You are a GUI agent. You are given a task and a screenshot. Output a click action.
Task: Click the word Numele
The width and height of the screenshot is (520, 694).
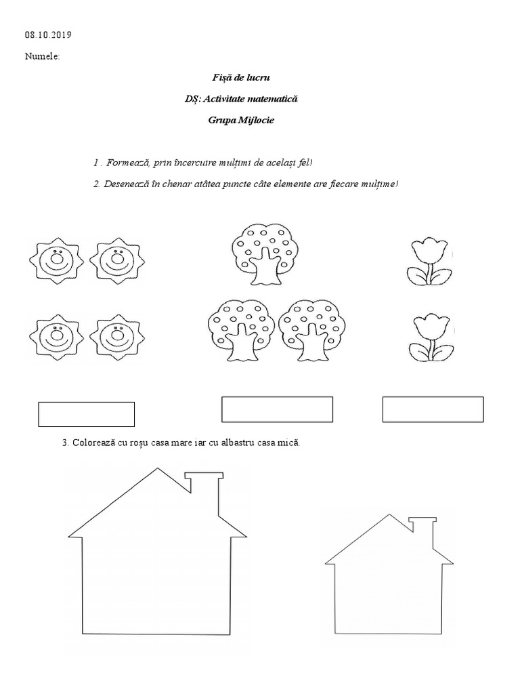42,56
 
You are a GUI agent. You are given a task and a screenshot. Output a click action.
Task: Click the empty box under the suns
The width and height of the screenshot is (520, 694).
86,414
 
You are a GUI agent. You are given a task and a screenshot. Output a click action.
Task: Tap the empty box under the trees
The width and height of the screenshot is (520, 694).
277,409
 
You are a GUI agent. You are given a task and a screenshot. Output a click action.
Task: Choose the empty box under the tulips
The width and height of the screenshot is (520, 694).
433,409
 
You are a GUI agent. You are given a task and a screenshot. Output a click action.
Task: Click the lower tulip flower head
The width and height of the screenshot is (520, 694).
429,327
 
